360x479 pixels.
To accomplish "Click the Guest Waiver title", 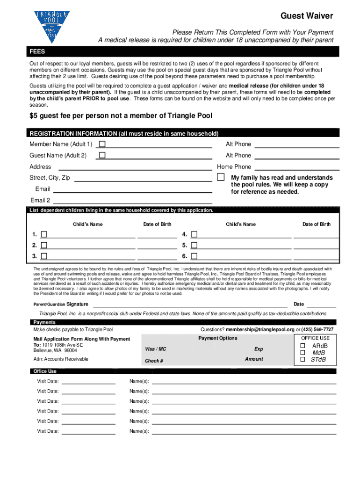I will pyautogui.click(x=306, y=16).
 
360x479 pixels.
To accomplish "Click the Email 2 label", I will pyautogui.click(x=40, y=201).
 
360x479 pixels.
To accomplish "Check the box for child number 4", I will pyautogui.click(x=194, y=234).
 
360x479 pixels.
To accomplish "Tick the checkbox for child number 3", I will pyautogui.click(x=44, y=256).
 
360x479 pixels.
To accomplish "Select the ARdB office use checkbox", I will pyautogui.click(x=302, y=346).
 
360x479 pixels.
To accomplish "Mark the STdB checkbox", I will pyautogui.click(x=302, y=360).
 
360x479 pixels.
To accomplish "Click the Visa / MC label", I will pyautogui.click(x=156, y=349).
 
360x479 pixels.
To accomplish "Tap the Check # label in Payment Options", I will pyautogui.click(x=154, y=361).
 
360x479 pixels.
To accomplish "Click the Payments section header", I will pyautogui.click(x=44, y=322).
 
